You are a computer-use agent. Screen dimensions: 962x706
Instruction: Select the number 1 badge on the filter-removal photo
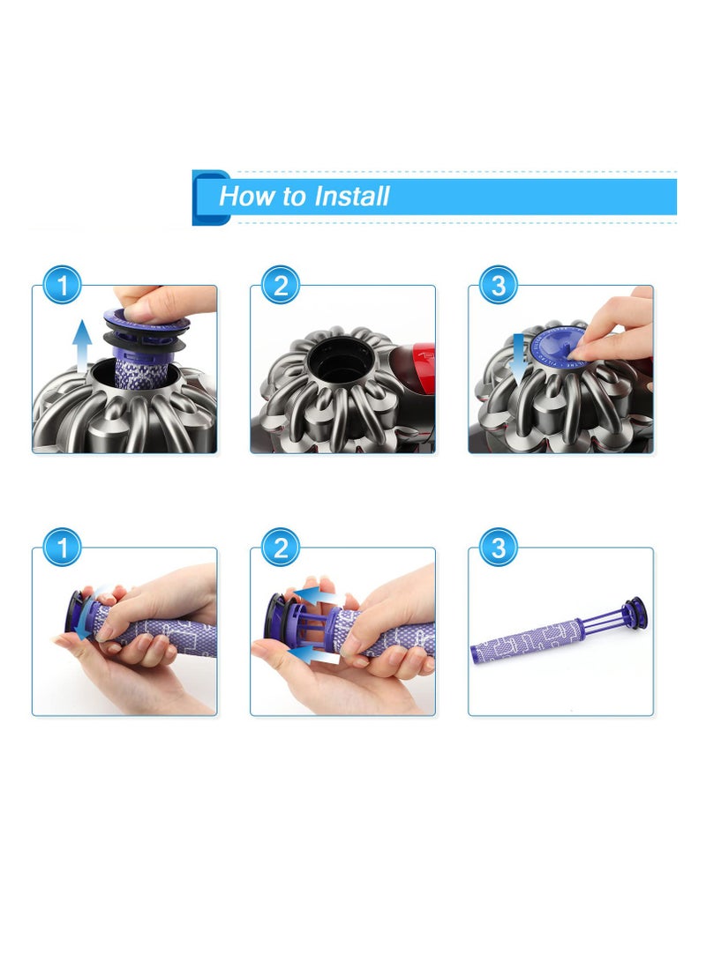[x=62, y=286]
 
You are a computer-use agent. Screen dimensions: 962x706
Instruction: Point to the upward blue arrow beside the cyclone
[x=82, y=343]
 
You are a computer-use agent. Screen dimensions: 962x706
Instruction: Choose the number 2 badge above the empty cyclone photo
[x=281, y=286]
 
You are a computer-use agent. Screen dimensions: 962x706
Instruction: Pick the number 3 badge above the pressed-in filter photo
[x=498, y=286]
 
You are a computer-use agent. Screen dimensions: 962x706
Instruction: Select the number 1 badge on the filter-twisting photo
[x=62, y=548]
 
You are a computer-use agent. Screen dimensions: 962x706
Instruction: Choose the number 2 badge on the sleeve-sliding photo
[x=281, y=548]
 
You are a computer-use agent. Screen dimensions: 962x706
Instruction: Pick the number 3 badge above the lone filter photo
[x=498, y=548]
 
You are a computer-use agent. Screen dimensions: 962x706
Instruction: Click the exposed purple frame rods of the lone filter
[x=605, y=617]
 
